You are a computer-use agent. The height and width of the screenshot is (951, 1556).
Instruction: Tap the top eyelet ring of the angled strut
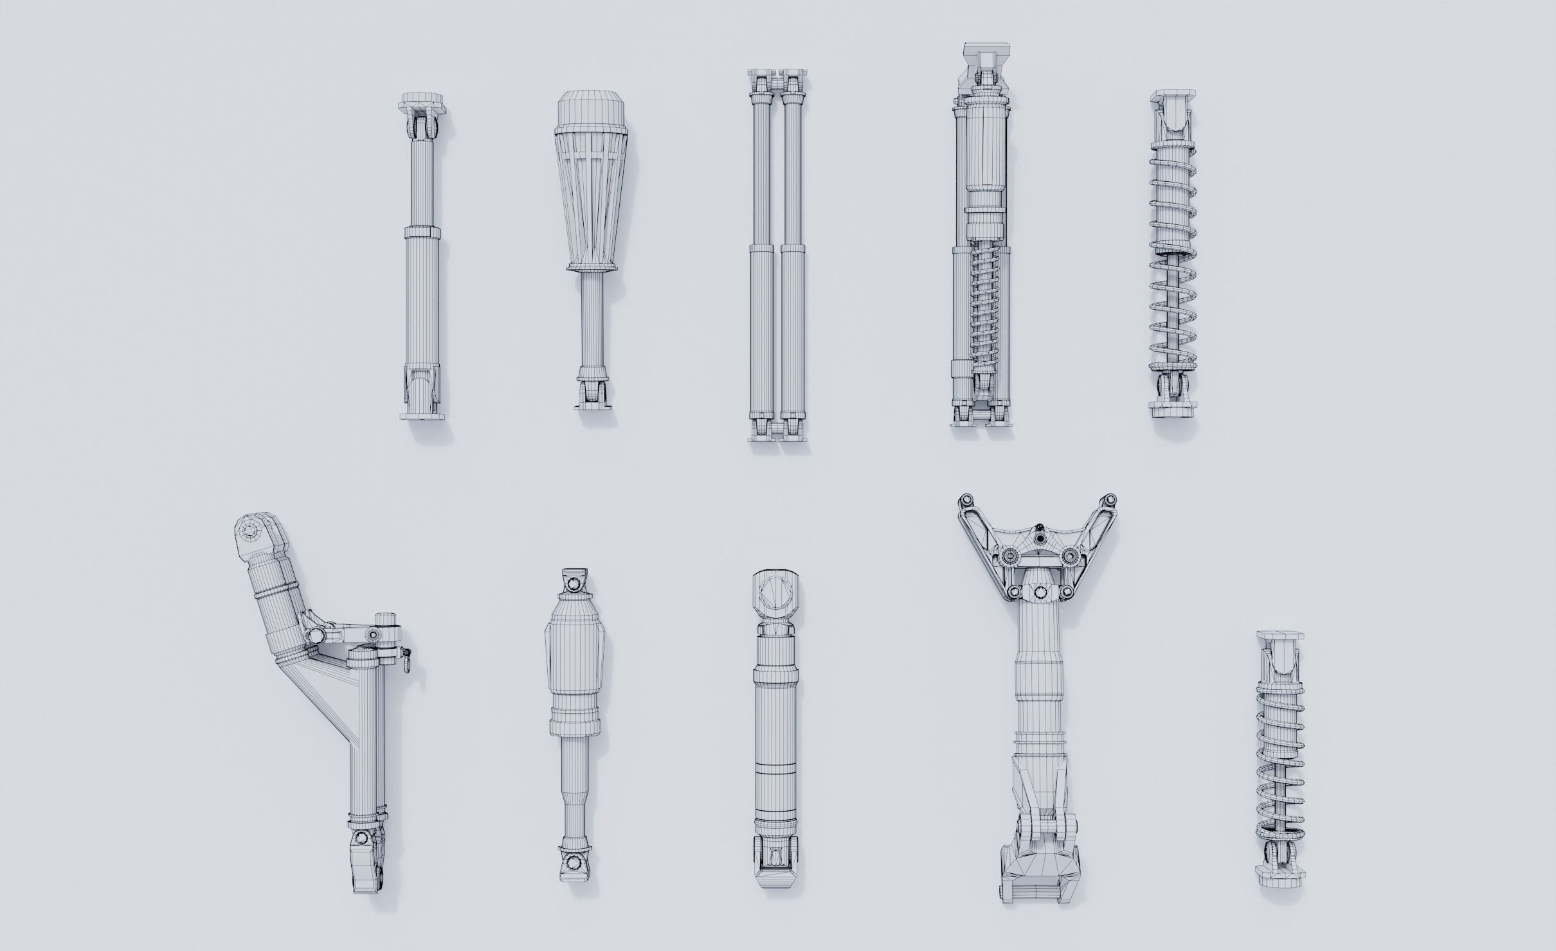pyautogui.click(x=247, y=531)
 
